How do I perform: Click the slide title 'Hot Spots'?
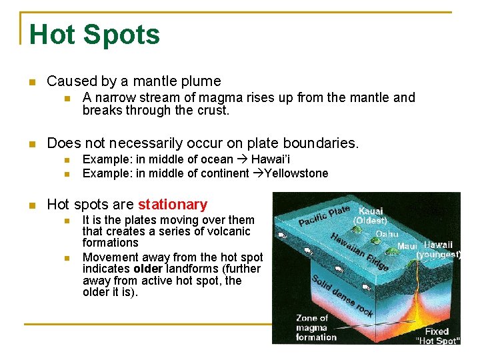pos(95,35)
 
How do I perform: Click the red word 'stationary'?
pos(172,205)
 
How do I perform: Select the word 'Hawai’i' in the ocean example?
pos(270,159)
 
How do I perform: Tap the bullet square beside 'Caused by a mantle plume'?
pos(30,82)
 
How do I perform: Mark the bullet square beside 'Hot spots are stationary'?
pos(30,205)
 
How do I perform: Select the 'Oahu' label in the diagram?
pos(387,233)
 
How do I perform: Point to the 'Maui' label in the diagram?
pos(407,246)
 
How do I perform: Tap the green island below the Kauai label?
pos(358,230)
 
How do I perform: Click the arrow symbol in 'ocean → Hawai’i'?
pos(242,159)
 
